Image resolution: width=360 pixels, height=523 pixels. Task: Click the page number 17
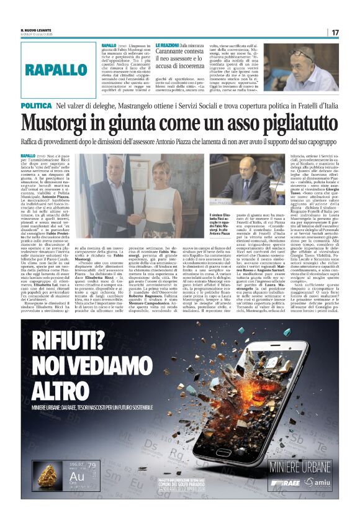pyautogui.click(x=335, y=32)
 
